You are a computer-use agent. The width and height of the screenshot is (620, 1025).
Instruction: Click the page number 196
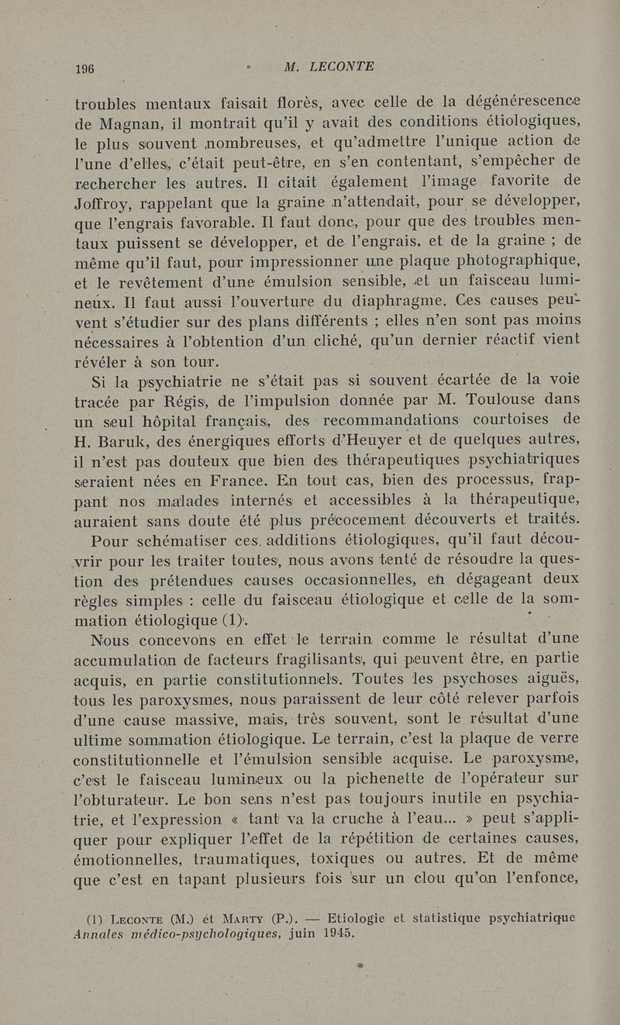84,67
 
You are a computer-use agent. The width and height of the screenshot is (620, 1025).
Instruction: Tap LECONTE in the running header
342,67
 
